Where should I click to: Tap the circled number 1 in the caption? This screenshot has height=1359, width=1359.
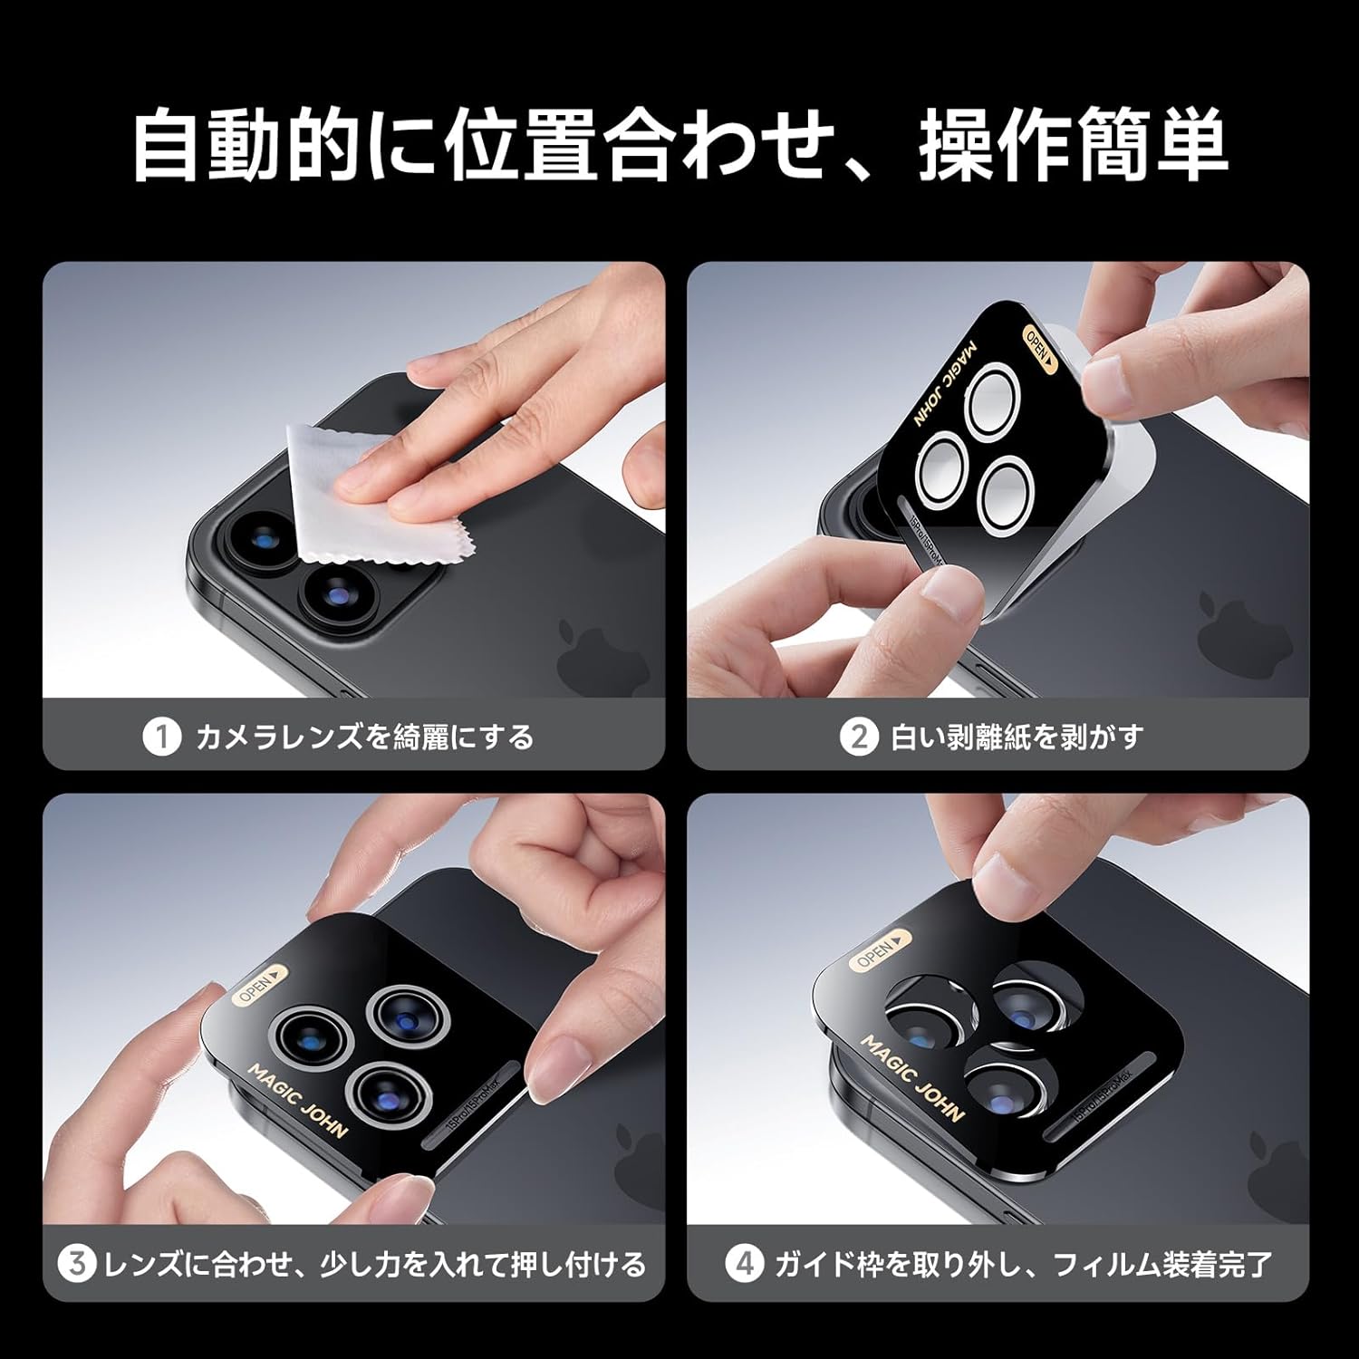click(x=161, y=737)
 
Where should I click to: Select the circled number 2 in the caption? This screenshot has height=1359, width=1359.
click(x=858, y=737)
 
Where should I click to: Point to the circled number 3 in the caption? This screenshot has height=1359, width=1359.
click(x=77, y=1263)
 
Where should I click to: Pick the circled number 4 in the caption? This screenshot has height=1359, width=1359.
click(x=744, y=1263)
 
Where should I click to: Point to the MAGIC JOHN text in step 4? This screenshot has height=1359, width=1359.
click(x=911, y=1078)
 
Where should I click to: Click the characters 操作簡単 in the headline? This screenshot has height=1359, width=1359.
click(x=1074, y=145)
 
